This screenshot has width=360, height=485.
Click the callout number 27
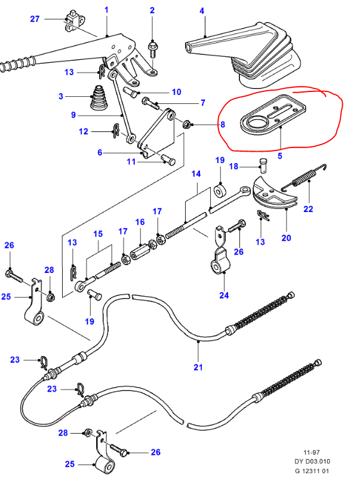tap(35, 19)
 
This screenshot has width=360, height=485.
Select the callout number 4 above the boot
tap(202, 11)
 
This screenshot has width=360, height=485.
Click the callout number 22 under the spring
tap(308, 209)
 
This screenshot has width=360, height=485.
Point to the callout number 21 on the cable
tap(199, 367)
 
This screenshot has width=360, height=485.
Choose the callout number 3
tap(60, 96)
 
